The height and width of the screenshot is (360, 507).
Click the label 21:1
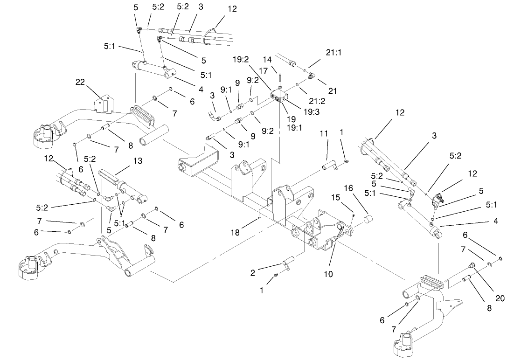pyautogui.click(x=333, y=53)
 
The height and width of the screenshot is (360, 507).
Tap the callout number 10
pyautogui.click(x=328, y=274)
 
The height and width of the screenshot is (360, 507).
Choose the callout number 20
pyautogui.click(x=500, y=298)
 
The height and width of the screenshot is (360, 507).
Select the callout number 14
pyautogui.click(x=267, y=59)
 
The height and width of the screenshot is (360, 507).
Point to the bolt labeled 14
pyautogui.click(x=279, y=80)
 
